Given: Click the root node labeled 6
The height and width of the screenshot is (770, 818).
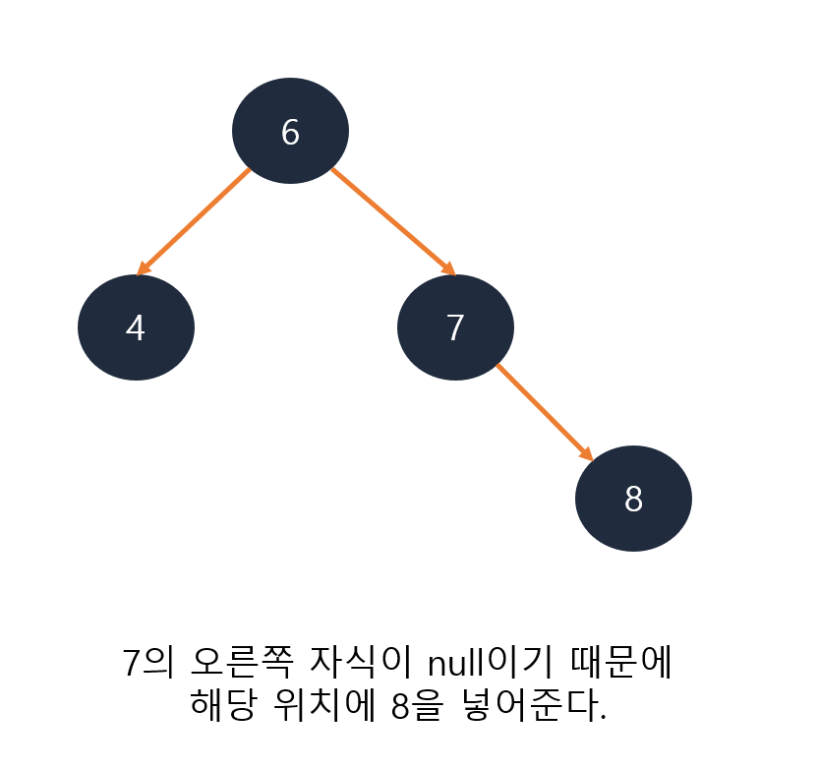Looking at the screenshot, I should click(290, 131).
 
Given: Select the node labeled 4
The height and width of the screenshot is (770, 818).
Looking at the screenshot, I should click(136, 327).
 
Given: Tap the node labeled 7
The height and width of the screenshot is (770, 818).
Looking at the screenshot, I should click(455, 327).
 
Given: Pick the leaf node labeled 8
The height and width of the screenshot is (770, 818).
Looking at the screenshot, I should click(633, 499).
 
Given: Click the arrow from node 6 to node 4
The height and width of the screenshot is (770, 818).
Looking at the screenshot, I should click(195, 220).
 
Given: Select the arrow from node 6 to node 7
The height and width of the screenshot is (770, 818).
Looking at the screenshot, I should click(391, 220).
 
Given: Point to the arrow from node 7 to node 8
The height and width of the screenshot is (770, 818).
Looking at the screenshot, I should click(544, 411).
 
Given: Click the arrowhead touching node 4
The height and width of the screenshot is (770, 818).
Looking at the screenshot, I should click(144, 268).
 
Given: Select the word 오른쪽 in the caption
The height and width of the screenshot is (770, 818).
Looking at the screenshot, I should click(238, 661).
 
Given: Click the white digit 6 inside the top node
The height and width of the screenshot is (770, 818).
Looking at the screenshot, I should click(290, 132).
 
